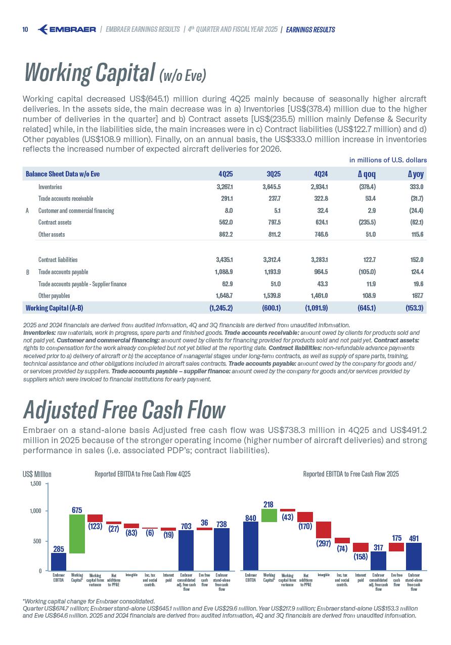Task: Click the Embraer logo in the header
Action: [x=67, y=29]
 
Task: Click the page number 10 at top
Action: [x=25, y=29]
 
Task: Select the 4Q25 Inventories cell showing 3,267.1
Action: [x=224, y=187]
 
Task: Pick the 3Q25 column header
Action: [x=273, y=174]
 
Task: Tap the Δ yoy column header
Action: [x=416, y=174]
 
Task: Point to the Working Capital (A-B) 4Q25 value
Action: [x=221, y=308]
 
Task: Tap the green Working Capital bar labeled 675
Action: [x=77, y=534]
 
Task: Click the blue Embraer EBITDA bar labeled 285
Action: [x=59, y=562]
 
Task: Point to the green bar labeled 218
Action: [x=269, y=515]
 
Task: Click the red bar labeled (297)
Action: [x=324, y=530]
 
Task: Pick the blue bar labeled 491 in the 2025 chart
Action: [x=414, y=556]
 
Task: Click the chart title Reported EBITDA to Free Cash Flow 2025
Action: [x=351, y=474]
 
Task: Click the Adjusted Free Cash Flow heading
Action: [x=124, y=410]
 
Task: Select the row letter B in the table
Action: [x=27, y=272]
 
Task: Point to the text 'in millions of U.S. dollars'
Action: [x=388, y=160]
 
